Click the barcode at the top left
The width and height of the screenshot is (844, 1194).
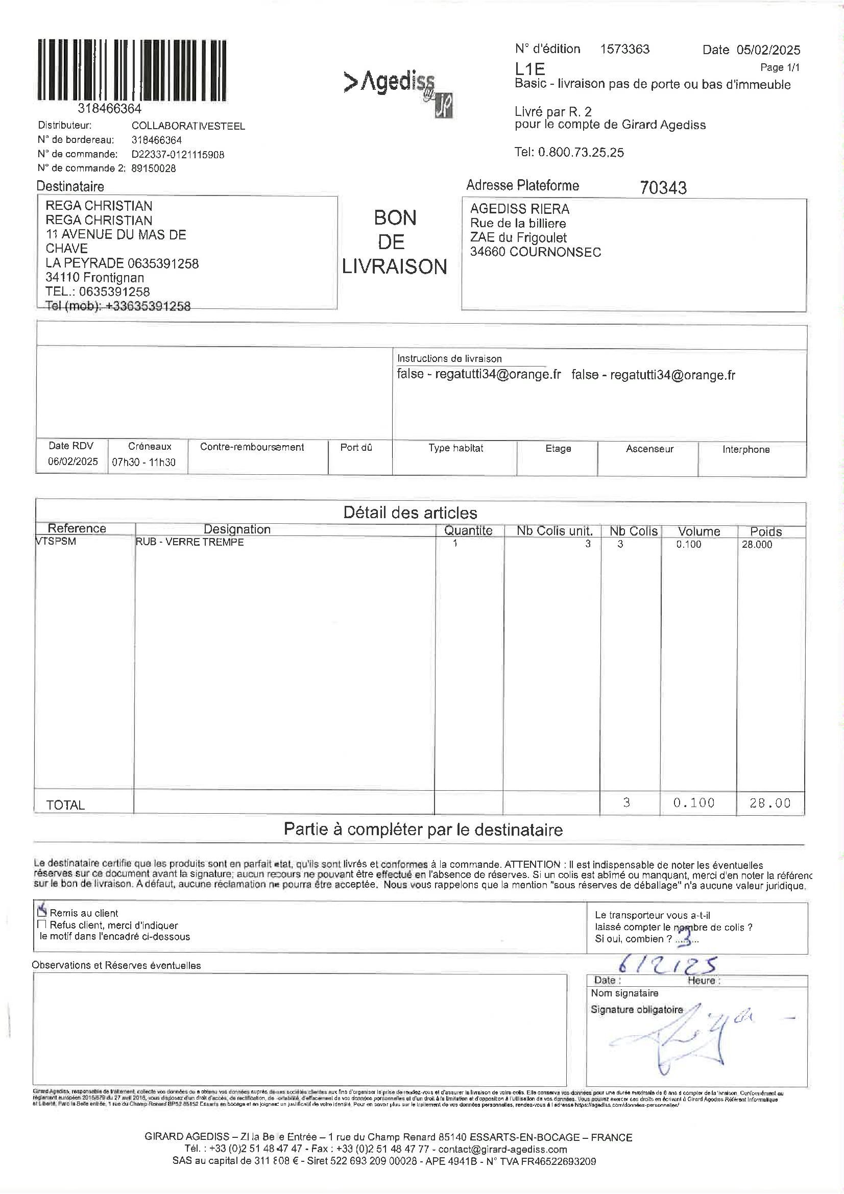coord(132,70)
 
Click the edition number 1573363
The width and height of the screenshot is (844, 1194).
coord(624,50)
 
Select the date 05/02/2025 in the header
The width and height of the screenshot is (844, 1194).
coord(768,51)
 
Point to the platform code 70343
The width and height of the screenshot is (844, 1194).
coord(663,187)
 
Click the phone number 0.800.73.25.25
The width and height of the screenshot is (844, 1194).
coord(581,152)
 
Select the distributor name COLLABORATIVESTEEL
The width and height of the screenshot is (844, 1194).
coord(188,127)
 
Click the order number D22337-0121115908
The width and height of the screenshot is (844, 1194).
coord(178,155)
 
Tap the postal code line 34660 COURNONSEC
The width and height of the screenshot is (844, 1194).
coord(535,252)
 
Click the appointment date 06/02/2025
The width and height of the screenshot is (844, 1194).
coord(73,461)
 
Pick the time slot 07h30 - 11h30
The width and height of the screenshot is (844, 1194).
coord(144,462)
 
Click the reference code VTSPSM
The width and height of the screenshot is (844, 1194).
coord(56,541)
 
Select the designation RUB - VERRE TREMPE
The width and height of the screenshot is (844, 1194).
coord(189,542)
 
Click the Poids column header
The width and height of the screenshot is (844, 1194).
coord(765,531)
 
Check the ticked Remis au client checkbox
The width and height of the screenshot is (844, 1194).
coord(42,912)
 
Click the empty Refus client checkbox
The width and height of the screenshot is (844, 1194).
coord(42,924)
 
